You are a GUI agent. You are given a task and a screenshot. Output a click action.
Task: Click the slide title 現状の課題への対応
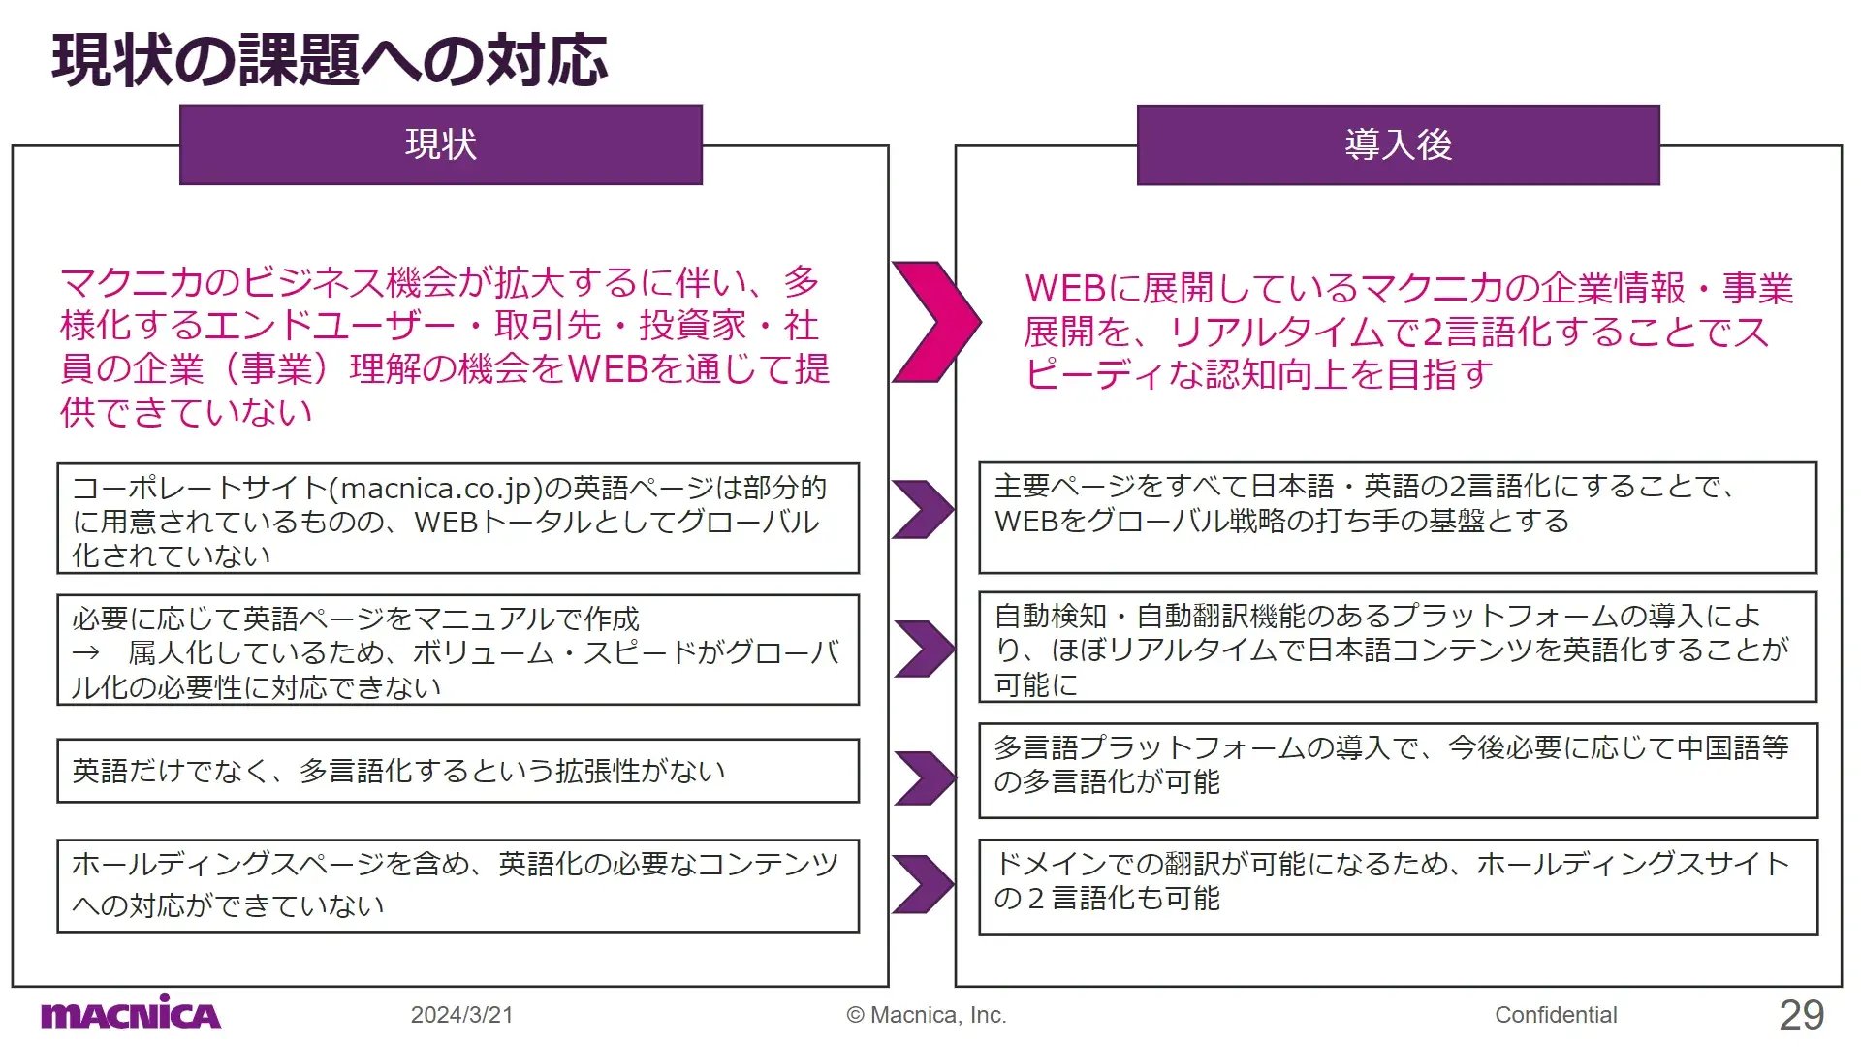[x=330, y=60]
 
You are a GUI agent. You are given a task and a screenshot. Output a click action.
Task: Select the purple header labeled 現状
[x=441, y=144]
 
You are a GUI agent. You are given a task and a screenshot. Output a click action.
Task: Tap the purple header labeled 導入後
[x=1398, y=144]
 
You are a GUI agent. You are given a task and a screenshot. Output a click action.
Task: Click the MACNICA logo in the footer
[x=131, y=1013]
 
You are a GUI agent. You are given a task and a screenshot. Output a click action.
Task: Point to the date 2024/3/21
[x=461, y=1015]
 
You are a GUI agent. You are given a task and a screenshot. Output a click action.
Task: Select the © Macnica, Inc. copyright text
[x=927, y=1015]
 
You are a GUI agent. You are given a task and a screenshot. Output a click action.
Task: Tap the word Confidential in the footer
[x=1556, y=1015]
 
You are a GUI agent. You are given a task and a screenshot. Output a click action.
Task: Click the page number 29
[x=1802, y=1015]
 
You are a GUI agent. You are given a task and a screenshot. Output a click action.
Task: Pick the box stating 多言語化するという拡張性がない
[x=458, y=771]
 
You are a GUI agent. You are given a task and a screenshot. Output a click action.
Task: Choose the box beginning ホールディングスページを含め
[x=458, y=886]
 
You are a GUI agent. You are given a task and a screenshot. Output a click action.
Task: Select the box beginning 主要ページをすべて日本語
[x=1398, y=518]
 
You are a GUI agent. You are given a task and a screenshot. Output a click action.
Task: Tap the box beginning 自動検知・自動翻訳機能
[x=1398, y=648]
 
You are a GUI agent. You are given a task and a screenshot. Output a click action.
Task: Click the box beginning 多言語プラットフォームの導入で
[x=1398, y=771]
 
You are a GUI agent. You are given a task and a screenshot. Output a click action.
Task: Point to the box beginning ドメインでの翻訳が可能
[x=1398, y=887]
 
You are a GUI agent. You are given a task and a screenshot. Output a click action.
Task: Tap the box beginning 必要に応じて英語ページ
[x=458, y=650]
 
